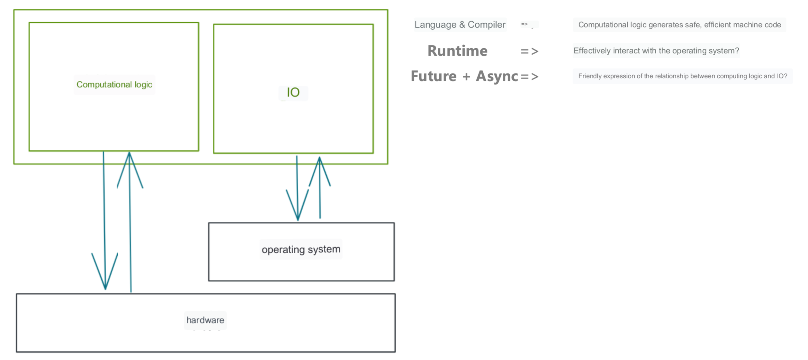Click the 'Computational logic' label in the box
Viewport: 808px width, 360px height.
click(x=114, y=85)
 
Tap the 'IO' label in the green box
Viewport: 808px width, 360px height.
click(x=293, y=92)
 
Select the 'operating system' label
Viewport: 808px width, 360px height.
click(x=301, y=249)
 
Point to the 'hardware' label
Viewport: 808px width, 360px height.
click(x=205, y=320)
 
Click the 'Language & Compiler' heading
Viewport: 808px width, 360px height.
click(x=460, y=25)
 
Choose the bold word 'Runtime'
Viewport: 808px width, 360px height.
click(x=457, y=51)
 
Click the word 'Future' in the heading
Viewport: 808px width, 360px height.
click(x=433, y=76)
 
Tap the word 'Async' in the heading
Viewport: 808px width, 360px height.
click(x=497, y=76)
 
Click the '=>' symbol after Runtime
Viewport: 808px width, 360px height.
click(x=529, y=51)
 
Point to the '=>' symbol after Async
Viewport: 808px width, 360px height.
click(x=529, y=76)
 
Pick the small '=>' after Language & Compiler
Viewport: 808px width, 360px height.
click(x=524, y=24)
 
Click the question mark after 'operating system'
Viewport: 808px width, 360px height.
click(x=737, y=51)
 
